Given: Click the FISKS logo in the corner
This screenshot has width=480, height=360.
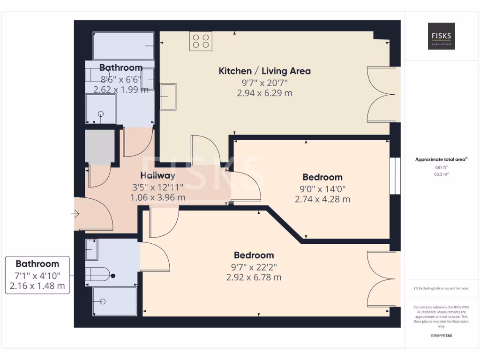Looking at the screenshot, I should pyautogui.click(x=441, y=36).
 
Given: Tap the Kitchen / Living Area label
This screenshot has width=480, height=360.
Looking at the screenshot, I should pyautogui.click(x=264, y=71).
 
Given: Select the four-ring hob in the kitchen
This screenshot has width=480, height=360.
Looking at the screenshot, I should pyautogui.click(x=201, y=41).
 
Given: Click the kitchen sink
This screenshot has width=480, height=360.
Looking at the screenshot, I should pyautogui.click(x=168, y=97).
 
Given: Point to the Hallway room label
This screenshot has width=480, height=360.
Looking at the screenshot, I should pyautogui.click(x=157, y=176).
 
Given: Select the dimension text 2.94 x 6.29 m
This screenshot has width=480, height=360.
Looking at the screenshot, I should pyautogui.click(x=264, y=93).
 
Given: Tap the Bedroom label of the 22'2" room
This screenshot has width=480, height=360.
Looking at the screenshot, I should pyautogui.click(x=254, y=255).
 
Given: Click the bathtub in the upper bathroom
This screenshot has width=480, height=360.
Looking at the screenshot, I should pyautogui.click(x=124, y=45).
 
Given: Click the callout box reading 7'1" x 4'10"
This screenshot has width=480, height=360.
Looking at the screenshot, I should pyautogui.click(x=37, y=275).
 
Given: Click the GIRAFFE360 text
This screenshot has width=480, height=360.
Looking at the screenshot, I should pyautogui.click(x=441, y=336).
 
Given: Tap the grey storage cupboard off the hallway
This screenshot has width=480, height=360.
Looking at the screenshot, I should pyautogui.click(x=100, y=147).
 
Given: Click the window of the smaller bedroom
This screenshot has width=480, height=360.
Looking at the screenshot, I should pyautogui.click(x=396, y=176).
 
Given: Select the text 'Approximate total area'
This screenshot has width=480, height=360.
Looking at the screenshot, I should pyautogui.click(x=440, y=159).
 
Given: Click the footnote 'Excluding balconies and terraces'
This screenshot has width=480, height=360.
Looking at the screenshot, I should pyautogui.click(x=441, y=288).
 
